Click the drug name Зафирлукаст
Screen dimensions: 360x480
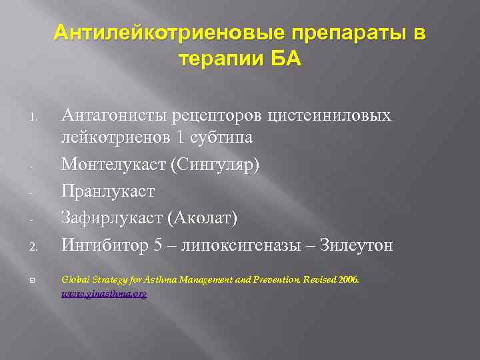[x=114, y=217]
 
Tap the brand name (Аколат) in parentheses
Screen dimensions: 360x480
[x=204, y=217]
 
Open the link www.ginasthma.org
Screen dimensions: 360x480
[x=104, y=293]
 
